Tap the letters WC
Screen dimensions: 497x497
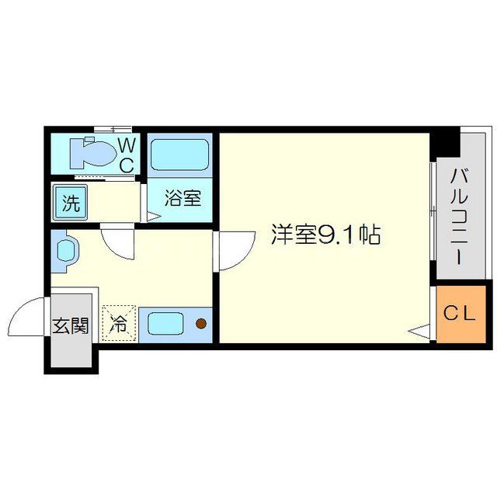127,155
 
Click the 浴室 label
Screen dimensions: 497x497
183,199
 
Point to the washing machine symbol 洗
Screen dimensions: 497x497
71,205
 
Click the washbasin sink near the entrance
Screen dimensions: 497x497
66,252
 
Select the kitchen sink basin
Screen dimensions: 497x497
165,321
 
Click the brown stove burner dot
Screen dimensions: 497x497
201,323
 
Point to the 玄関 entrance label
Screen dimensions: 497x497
70,325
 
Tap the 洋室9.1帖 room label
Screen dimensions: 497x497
325,235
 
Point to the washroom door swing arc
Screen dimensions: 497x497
118,242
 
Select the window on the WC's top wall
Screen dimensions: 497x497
113,129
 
